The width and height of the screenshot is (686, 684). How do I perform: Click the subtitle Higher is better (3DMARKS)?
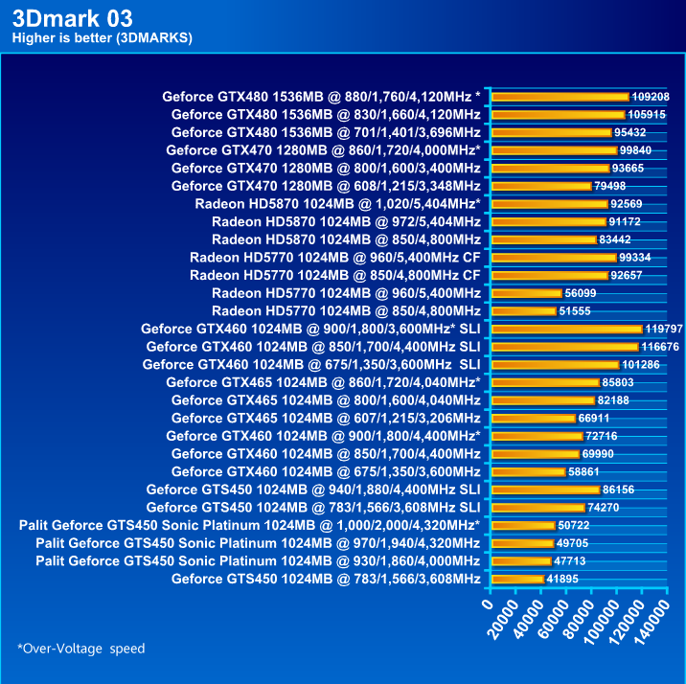[102, 38]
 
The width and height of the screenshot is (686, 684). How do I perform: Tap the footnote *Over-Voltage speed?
[81, 649]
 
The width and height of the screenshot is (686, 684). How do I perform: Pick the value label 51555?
[578, 311]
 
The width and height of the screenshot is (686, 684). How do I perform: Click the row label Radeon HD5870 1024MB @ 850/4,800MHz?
[346, 239]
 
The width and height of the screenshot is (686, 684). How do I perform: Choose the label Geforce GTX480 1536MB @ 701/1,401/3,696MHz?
[326, 132]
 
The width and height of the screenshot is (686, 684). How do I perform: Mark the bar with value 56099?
[526, 293]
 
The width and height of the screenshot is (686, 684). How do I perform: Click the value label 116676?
[660, 346]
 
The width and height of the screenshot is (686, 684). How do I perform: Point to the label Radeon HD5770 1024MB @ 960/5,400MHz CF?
[334, 257]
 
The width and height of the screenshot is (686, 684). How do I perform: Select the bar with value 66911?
[532, 418]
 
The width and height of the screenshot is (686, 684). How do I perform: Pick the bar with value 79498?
[540, 186]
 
